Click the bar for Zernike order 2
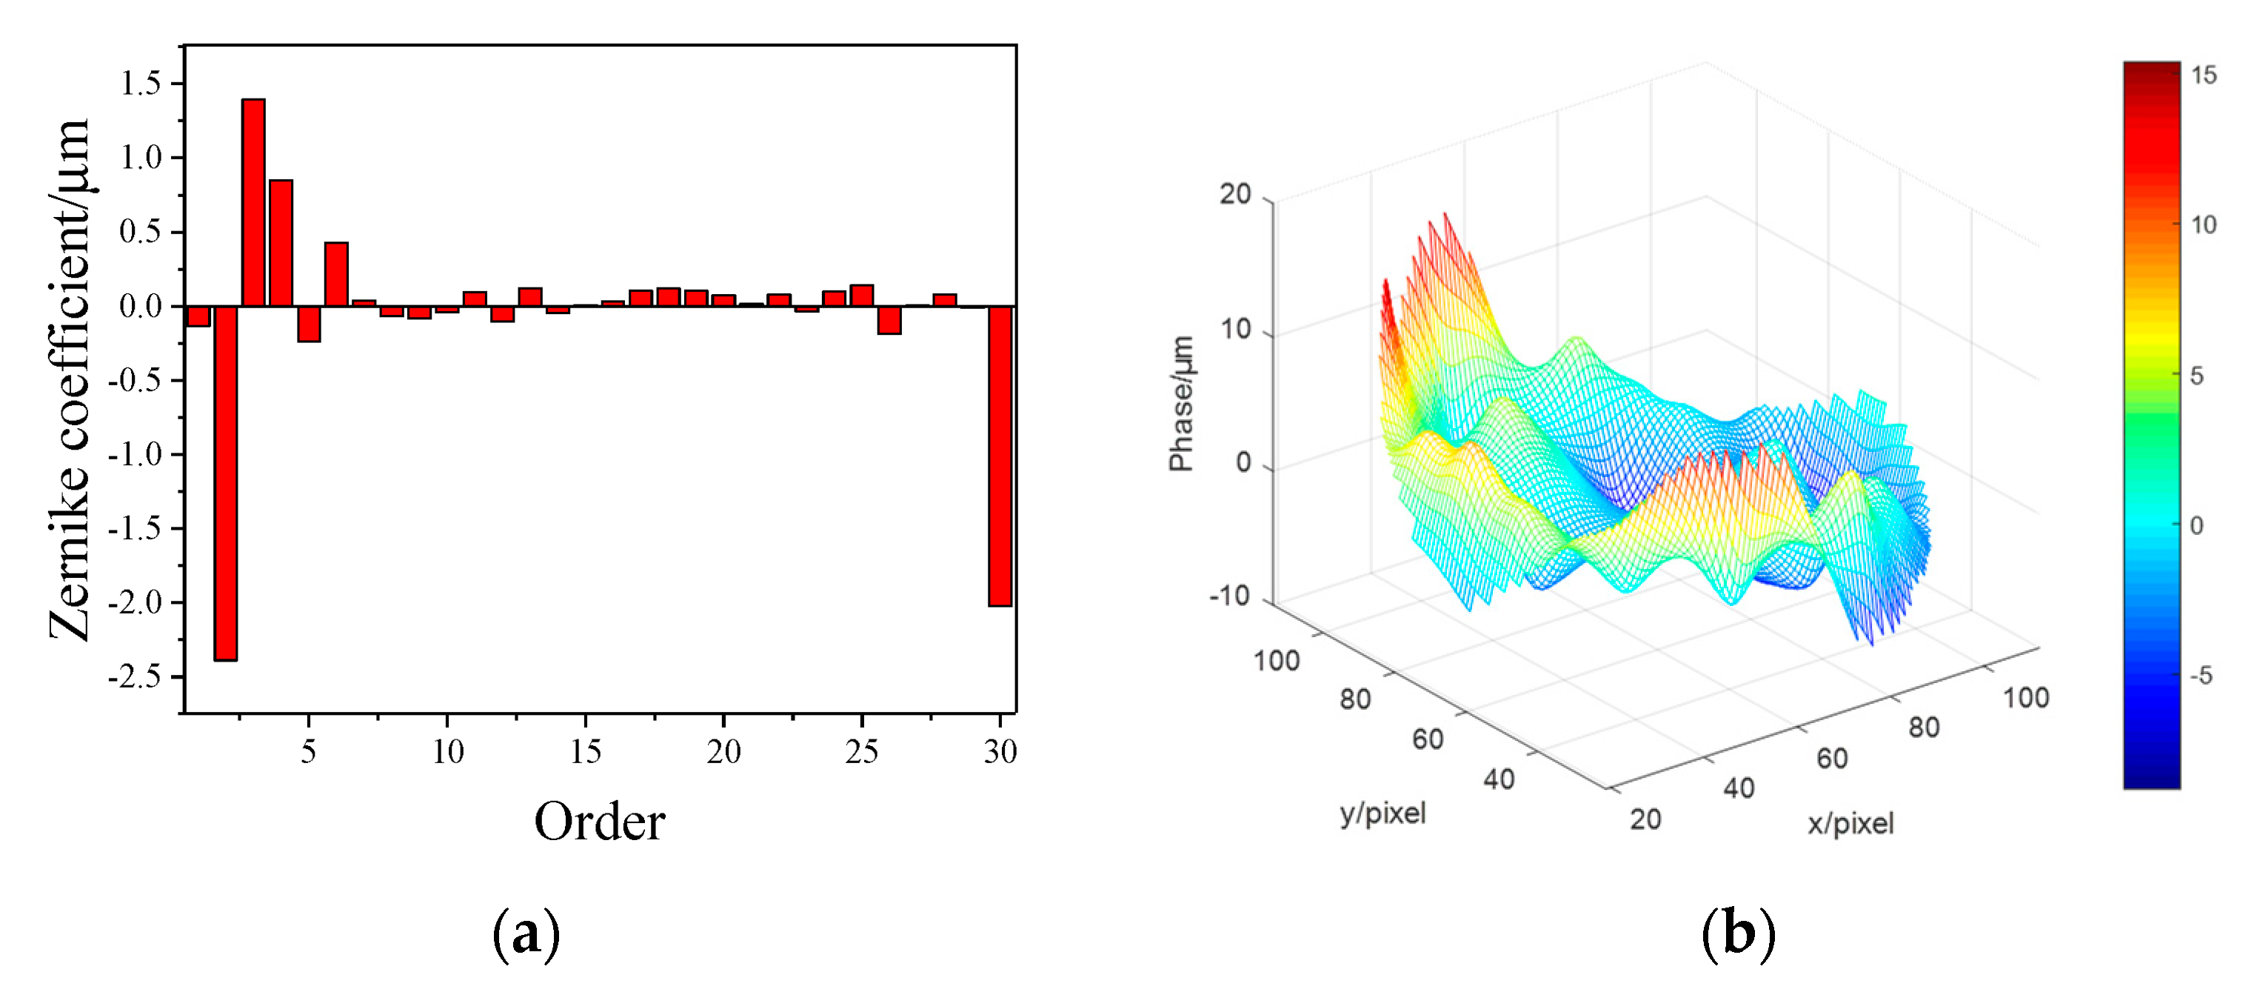225,482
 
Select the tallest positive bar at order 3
253,202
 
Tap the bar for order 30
1000,456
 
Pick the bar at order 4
281,243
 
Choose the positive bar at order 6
336,273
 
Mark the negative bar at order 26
889,320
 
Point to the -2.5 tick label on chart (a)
135,676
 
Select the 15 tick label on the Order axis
585,751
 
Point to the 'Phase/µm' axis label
1182,403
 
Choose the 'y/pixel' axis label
1382,813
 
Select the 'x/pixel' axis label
1850,823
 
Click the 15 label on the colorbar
2204,76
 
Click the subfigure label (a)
526,935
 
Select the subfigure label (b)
1739,935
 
